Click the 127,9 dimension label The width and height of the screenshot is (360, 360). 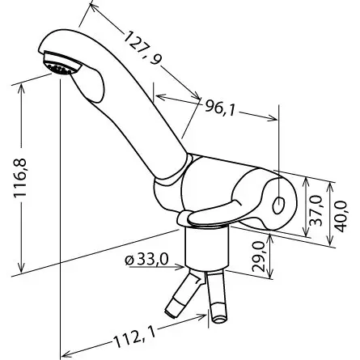click(142, 48)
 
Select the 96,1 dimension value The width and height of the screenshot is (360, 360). click(219, 107)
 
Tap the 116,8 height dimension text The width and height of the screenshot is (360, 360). click(20, 178)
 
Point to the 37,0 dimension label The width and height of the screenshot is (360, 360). click(316, 211)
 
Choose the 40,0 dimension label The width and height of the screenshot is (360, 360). click(341, 216)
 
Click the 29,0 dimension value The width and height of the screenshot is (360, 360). click(258, 256)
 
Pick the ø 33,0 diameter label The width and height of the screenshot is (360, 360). click(146, 260)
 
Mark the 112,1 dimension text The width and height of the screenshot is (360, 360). click(134, 338)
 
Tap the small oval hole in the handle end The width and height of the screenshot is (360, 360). click(278, 205)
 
